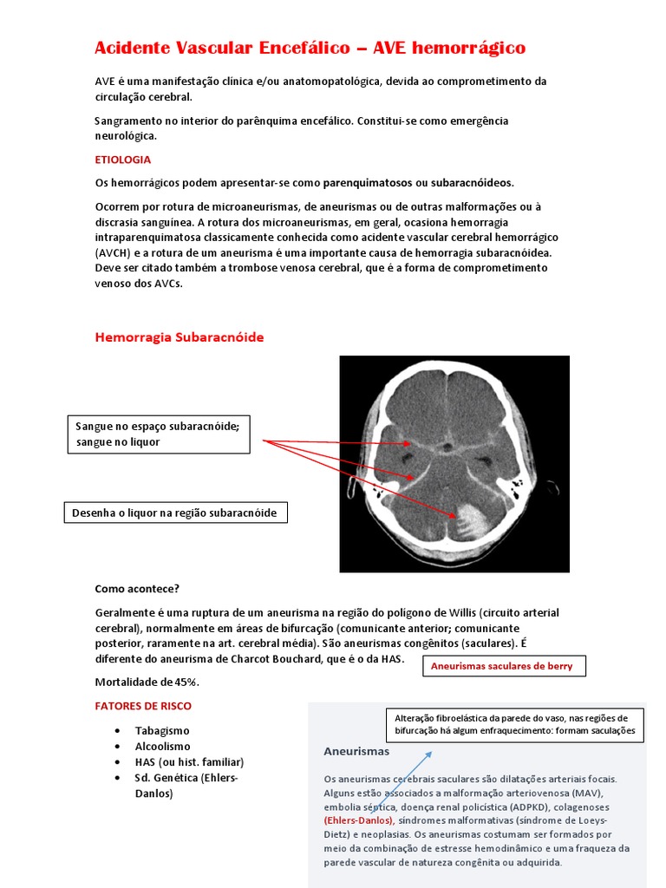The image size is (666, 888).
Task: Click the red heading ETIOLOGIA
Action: pyautogui.click(x=122, y=160)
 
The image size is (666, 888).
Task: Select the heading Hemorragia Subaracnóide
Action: pyautogui.click(x=179, y=337)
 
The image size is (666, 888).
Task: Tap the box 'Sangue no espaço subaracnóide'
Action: pyautogui.click(x=159, y=434)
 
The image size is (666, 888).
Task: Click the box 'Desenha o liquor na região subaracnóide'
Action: pyautogui.click(x=175, y=513)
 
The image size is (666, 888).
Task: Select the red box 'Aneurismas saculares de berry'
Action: pyautogui.click(x=503, y=666)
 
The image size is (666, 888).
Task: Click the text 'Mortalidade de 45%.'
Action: pyautogui.click(x=147, y=681)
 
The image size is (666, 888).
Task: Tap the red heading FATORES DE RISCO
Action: pyautogui.click(x=143, y=706)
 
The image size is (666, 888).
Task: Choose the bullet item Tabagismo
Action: pyautogui.click(x=162, y=730)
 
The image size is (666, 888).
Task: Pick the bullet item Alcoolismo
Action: pyautogui.click(x=162, y=746)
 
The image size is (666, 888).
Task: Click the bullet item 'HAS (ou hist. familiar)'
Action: pyautogui.click(x=189, y=761)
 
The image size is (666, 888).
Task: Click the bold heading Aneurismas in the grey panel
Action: pyautogui.click(x=356, y=751)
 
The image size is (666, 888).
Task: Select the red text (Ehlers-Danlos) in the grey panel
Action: pyautogui.click(x=359, y=819)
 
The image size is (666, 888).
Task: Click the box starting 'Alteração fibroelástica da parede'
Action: pyautogui.click(x=514, y=725)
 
